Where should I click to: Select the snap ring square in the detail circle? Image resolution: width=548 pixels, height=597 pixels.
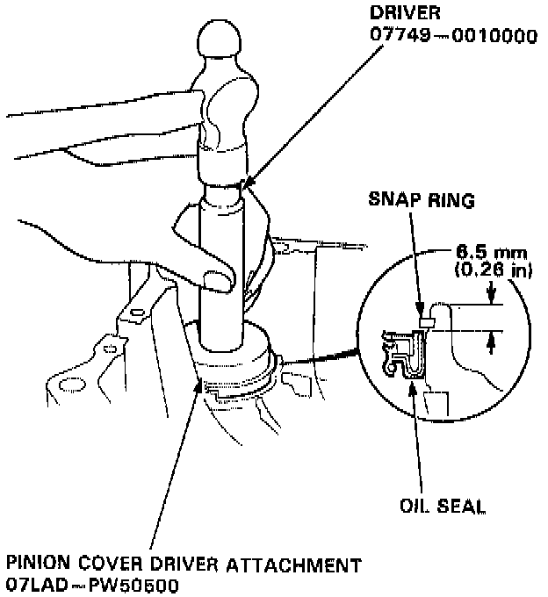[x=427, y=322]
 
